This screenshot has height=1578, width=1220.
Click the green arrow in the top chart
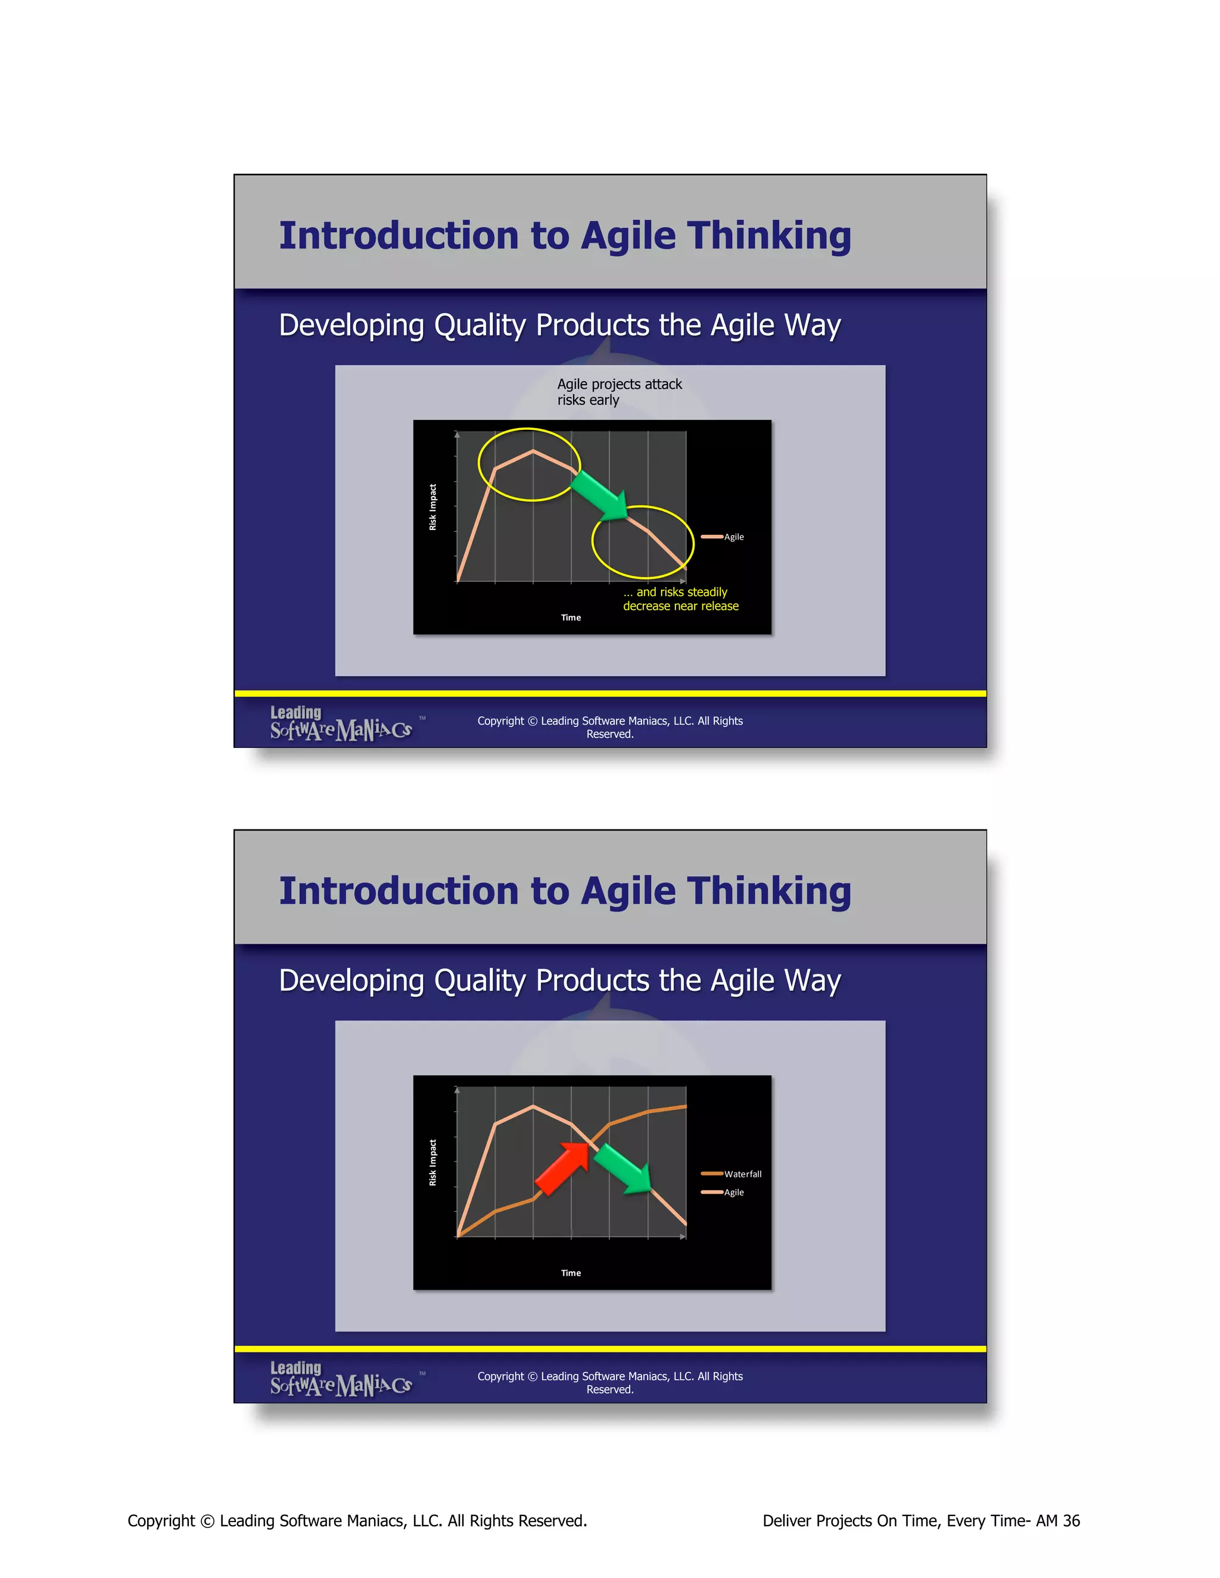coord(600,495)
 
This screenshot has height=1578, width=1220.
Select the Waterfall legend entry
coord(732,1174)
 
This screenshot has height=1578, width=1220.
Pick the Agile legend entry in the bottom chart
coord(723,1192)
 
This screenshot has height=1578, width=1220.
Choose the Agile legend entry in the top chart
coord(723,537)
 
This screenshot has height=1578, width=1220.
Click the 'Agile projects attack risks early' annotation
coord(619,392)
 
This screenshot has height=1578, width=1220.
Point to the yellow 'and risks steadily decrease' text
coord(680,599)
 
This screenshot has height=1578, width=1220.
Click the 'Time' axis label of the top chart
coord(571,618)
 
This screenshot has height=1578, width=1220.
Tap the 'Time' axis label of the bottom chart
coord(571,1273)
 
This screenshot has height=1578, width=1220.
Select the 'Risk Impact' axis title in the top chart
coord(433,507)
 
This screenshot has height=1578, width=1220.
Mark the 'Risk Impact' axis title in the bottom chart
coord(433,1162)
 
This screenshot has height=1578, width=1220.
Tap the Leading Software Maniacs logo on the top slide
coord(341,724)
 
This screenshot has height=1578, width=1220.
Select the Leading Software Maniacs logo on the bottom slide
coord(341,1379)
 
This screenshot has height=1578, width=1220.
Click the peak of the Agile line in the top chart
coord(533,451)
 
